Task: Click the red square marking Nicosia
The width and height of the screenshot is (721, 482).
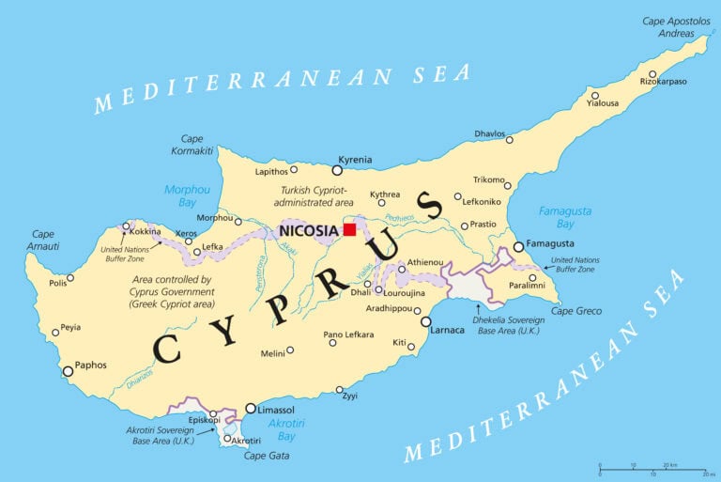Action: [x=349, y=229]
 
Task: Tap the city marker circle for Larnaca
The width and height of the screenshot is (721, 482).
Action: [x=425, y=321]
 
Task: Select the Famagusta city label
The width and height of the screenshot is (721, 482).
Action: [x=554, y=244]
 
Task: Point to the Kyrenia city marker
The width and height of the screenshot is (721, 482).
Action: [x=337, y=170]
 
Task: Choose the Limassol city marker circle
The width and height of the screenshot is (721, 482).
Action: [x=251, y=409]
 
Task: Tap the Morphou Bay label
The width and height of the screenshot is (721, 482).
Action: [x=188, y=194]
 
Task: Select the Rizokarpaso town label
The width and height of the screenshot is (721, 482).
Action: [x=664, y=82]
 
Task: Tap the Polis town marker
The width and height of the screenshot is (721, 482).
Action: [x=70, y=278]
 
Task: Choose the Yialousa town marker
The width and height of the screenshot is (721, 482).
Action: [x=594, y=95]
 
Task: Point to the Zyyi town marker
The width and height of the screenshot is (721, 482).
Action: [x=341, y=390]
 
